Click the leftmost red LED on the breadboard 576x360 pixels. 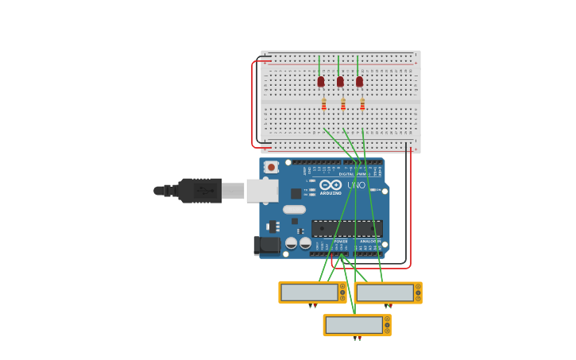click(321, 81)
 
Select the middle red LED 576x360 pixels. click(340, 81)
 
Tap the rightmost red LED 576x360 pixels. click(359, 81)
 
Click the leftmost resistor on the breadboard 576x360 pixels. click(323, 104)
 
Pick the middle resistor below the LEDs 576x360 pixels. click(343, 104)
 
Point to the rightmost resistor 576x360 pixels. click(362, 104)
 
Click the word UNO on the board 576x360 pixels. click(356, 185)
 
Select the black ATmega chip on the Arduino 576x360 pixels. click(346, 228)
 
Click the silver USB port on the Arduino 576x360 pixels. click(261, 191)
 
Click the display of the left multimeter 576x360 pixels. click(309, 292)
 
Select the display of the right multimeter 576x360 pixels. click(385, 293)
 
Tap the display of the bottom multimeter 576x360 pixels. click(354, 325)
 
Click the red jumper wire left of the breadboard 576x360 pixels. click(253, 103)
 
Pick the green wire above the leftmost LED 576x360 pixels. click(319, 65)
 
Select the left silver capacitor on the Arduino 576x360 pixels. click(292, 243)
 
